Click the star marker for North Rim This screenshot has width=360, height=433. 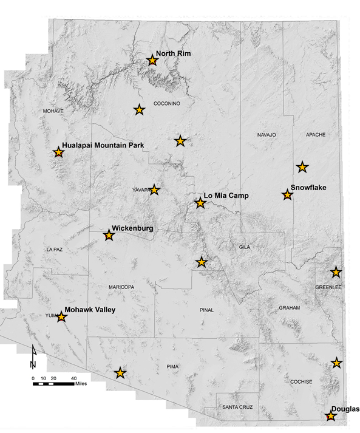tap(153, 60)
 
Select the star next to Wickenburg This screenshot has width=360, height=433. tap(109, 236)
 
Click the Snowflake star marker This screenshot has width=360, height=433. tap(287, 195)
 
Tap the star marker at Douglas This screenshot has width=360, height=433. tap(330, 417)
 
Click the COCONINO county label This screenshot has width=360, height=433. tap(167, 103)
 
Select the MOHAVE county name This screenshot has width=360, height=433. tap(53, 111)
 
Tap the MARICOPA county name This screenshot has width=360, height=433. tap(121, 287)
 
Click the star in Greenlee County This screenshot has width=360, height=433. tap(336, 272)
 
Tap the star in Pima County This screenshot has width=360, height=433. tap(120, 373)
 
